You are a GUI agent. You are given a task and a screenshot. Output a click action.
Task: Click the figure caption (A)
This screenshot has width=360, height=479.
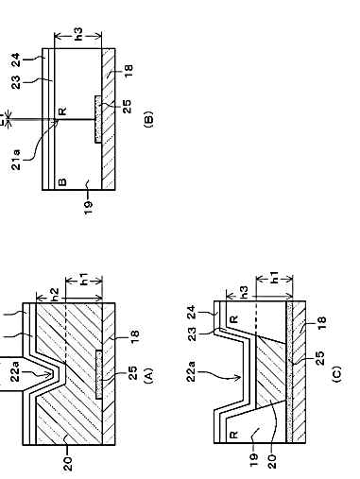coord(148,375)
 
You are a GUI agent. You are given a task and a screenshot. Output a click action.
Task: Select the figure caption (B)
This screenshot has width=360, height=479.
coord(148,119)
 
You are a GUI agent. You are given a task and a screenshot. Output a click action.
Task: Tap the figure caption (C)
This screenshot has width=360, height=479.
coord(336,374)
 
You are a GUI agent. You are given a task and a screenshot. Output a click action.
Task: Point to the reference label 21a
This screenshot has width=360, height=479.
coord(16,160)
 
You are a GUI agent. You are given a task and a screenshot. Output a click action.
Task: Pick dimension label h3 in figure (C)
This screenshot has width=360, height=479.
coord(244,293)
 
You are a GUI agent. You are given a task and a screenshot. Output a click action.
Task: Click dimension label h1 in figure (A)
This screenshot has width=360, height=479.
coord(83,279)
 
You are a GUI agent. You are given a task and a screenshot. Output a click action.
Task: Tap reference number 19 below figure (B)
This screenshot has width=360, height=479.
coord(89,208)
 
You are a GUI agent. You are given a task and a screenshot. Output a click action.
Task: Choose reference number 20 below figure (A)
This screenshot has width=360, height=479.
coord(67,464)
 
